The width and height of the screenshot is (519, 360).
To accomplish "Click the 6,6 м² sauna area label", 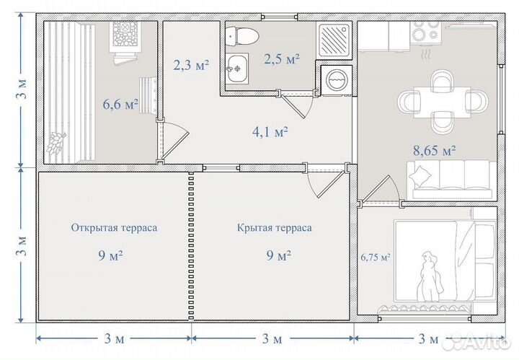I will [x=120, y=105].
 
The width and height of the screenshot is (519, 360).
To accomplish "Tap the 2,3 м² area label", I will [x=191, y=65].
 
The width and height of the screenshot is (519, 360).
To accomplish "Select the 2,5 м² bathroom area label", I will [x=280, y=58].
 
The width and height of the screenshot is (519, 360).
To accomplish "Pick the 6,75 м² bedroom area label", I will [x=375, y=257].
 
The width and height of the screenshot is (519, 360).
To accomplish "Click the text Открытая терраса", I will [x=114, y=227].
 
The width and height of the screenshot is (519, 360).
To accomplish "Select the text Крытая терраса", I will [x=274, y=227].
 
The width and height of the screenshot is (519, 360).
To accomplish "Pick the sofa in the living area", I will [x=451, y=179].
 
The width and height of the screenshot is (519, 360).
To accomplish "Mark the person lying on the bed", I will [x=431, y=278].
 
